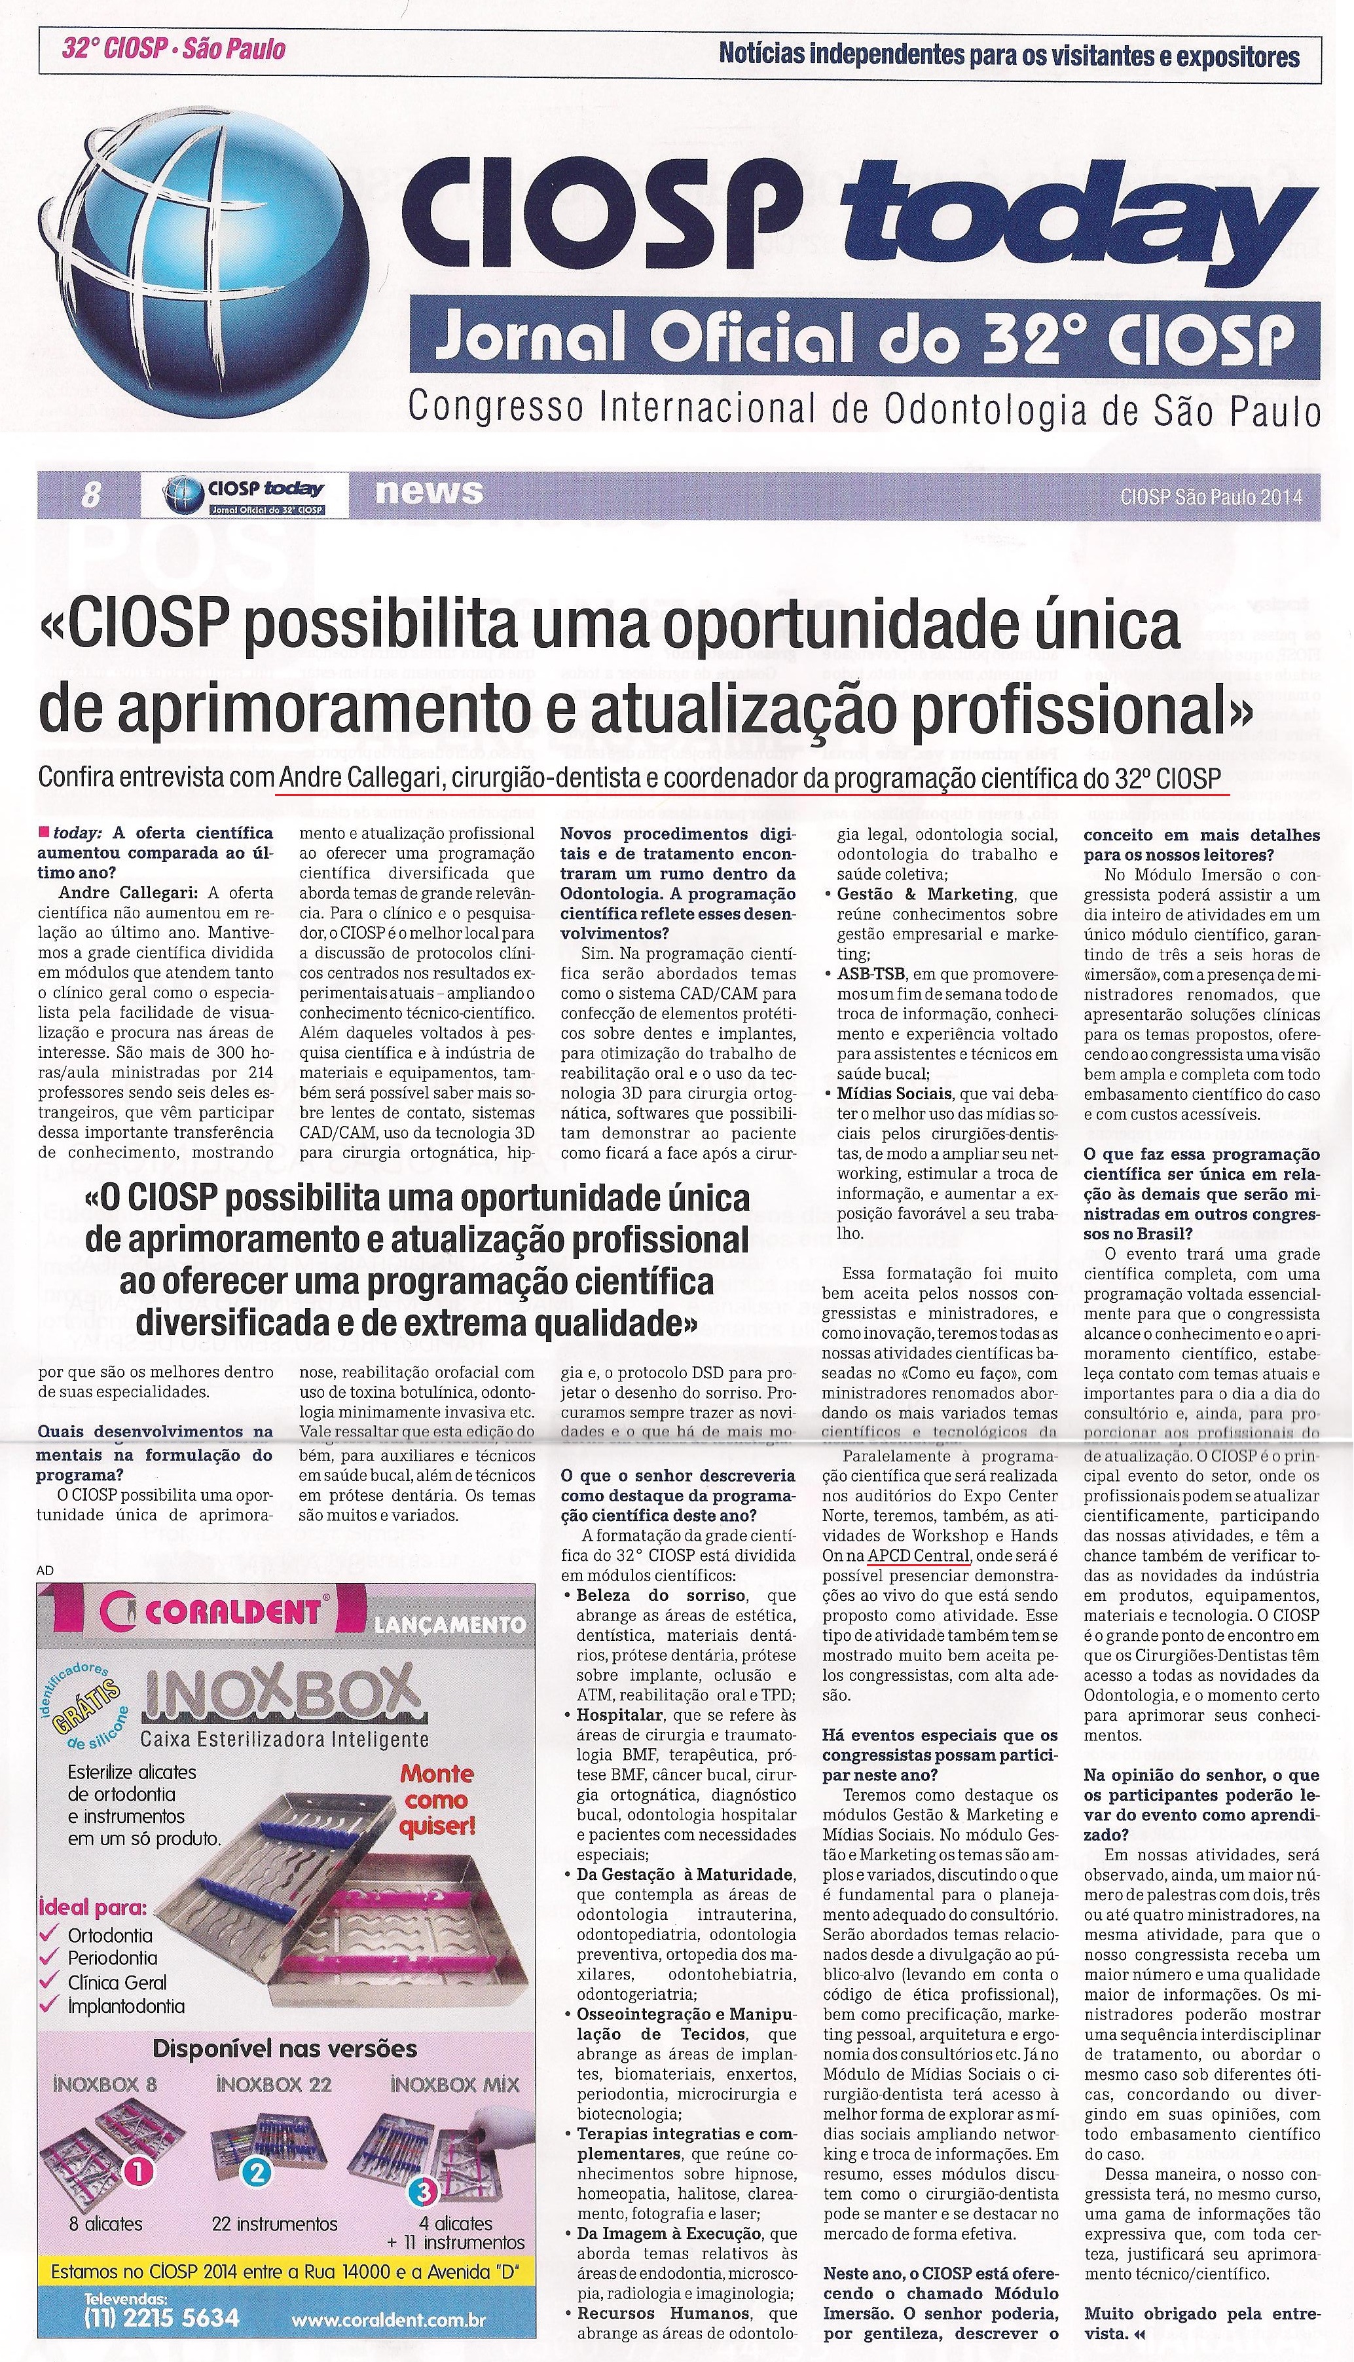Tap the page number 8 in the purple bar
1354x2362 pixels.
click(x=90, y=496)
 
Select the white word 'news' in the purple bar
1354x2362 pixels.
click(x=429, y=491)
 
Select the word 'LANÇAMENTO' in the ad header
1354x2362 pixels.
click(x=449, y=1625)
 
